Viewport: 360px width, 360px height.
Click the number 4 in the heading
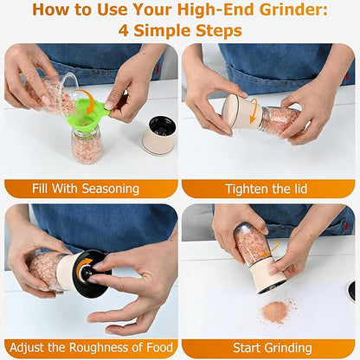124,30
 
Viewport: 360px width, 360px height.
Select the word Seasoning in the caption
111,189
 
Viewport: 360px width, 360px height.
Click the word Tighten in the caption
247,189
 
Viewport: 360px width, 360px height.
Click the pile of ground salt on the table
275,312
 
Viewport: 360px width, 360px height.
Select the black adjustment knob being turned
89,273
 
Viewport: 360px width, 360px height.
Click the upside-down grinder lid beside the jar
158,134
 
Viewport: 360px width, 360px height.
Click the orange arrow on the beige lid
254,110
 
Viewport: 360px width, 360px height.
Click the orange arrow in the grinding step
270,249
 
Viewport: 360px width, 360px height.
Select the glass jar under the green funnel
87,145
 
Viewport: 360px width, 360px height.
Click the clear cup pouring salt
52,93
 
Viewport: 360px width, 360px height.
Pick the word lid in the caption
299,189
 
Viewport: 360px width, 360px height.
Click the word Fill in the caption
40,189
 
